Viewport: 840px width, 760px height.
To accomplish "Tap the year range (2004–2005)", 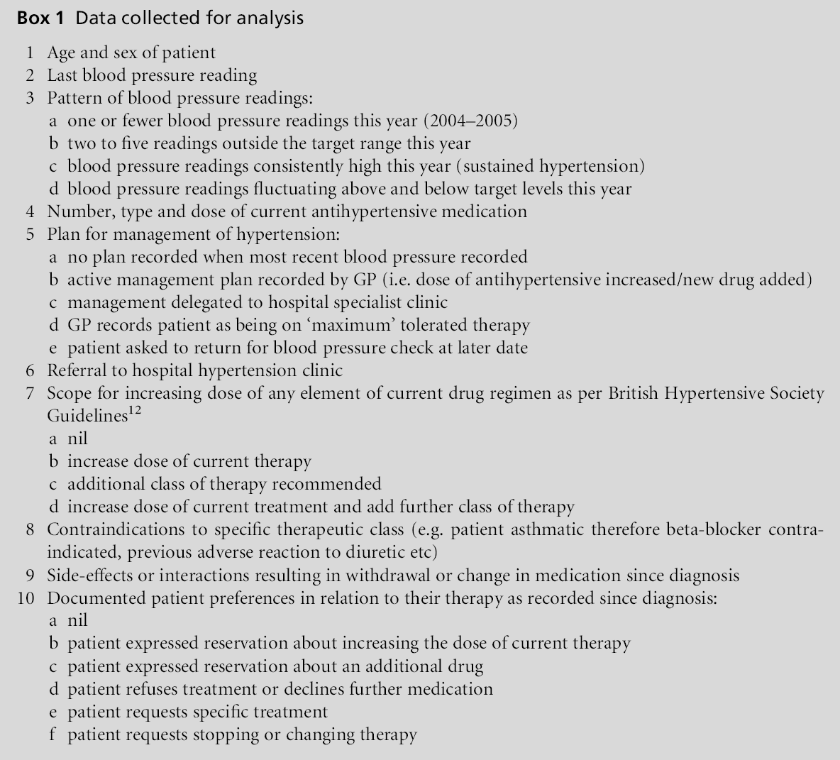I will click(x=472, y=121).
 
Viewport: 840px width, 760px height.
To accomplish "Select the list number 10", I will click(x=26, y=598).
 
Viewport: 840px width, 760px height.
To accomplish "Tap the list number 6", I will click(x=30, y=370).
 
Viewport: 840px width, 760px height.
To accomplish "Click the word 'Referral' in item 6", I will click(x=74, y=370).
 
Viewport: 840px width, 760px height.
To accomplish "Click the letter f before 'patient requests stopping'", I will click(x=52, y=734).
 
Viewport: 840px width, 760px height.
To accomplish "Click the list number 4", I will click(x=30, y=211).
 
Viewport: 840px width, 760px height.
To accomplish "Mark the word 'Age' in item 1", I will click(x=61, y=53).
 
